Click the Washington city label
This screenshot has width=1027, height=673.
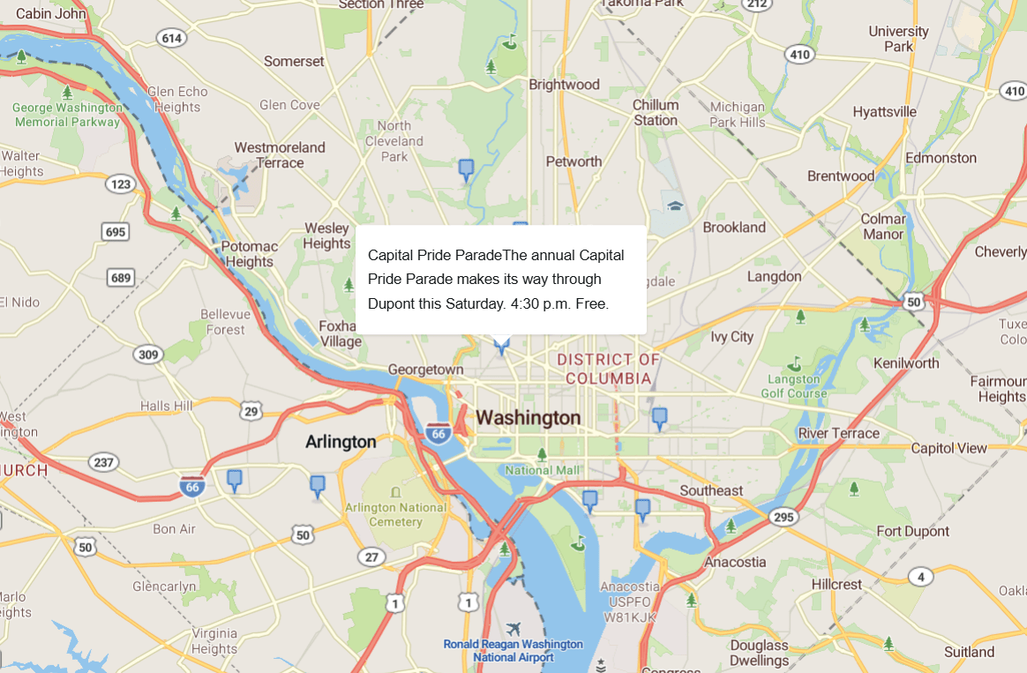click(x=528, y=418)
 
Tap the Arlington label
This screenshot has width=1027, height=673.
click(x=341, y=442)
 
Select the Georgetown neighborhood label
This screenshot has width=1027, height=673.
click(x=425, y=370)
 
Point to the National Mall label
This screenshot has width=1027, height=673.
click(x=543, y=470)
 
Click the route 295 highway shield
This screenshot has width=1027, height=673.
click(x=783, y=517)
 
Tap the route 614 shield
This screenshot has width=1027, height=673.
click(x=171, y=37)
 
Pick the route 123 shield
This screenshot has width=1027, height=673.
click(x=119, y=184)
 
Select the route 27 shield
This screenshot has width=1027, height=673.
click(x=371, y=557)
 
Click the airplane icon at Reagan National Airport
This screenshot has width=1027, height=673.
click(x=514, y=629)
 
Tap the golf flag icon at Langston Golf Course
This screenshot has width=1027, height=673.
click(x=794, y=363)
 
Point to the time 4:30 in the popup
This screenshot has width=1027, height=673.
click(x=526, y=303)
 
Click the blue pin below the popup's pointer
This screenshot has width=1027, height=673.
click(x=502, y=345)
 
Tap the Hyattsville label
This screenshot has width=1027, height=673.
click(x=884, y=112)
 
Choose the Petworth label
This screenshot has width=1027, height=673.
click(x=573, y=161)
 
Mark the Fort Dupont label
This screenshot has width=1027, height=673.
click(x=912, y=531)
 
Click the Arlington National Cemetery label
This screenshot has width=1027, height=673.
click(x=395, y=514)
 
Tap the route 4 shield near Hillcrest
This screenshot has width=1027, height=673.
click(x=920, y=577)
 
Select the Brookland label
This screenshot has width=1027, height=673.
click(x=734, y=227)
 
